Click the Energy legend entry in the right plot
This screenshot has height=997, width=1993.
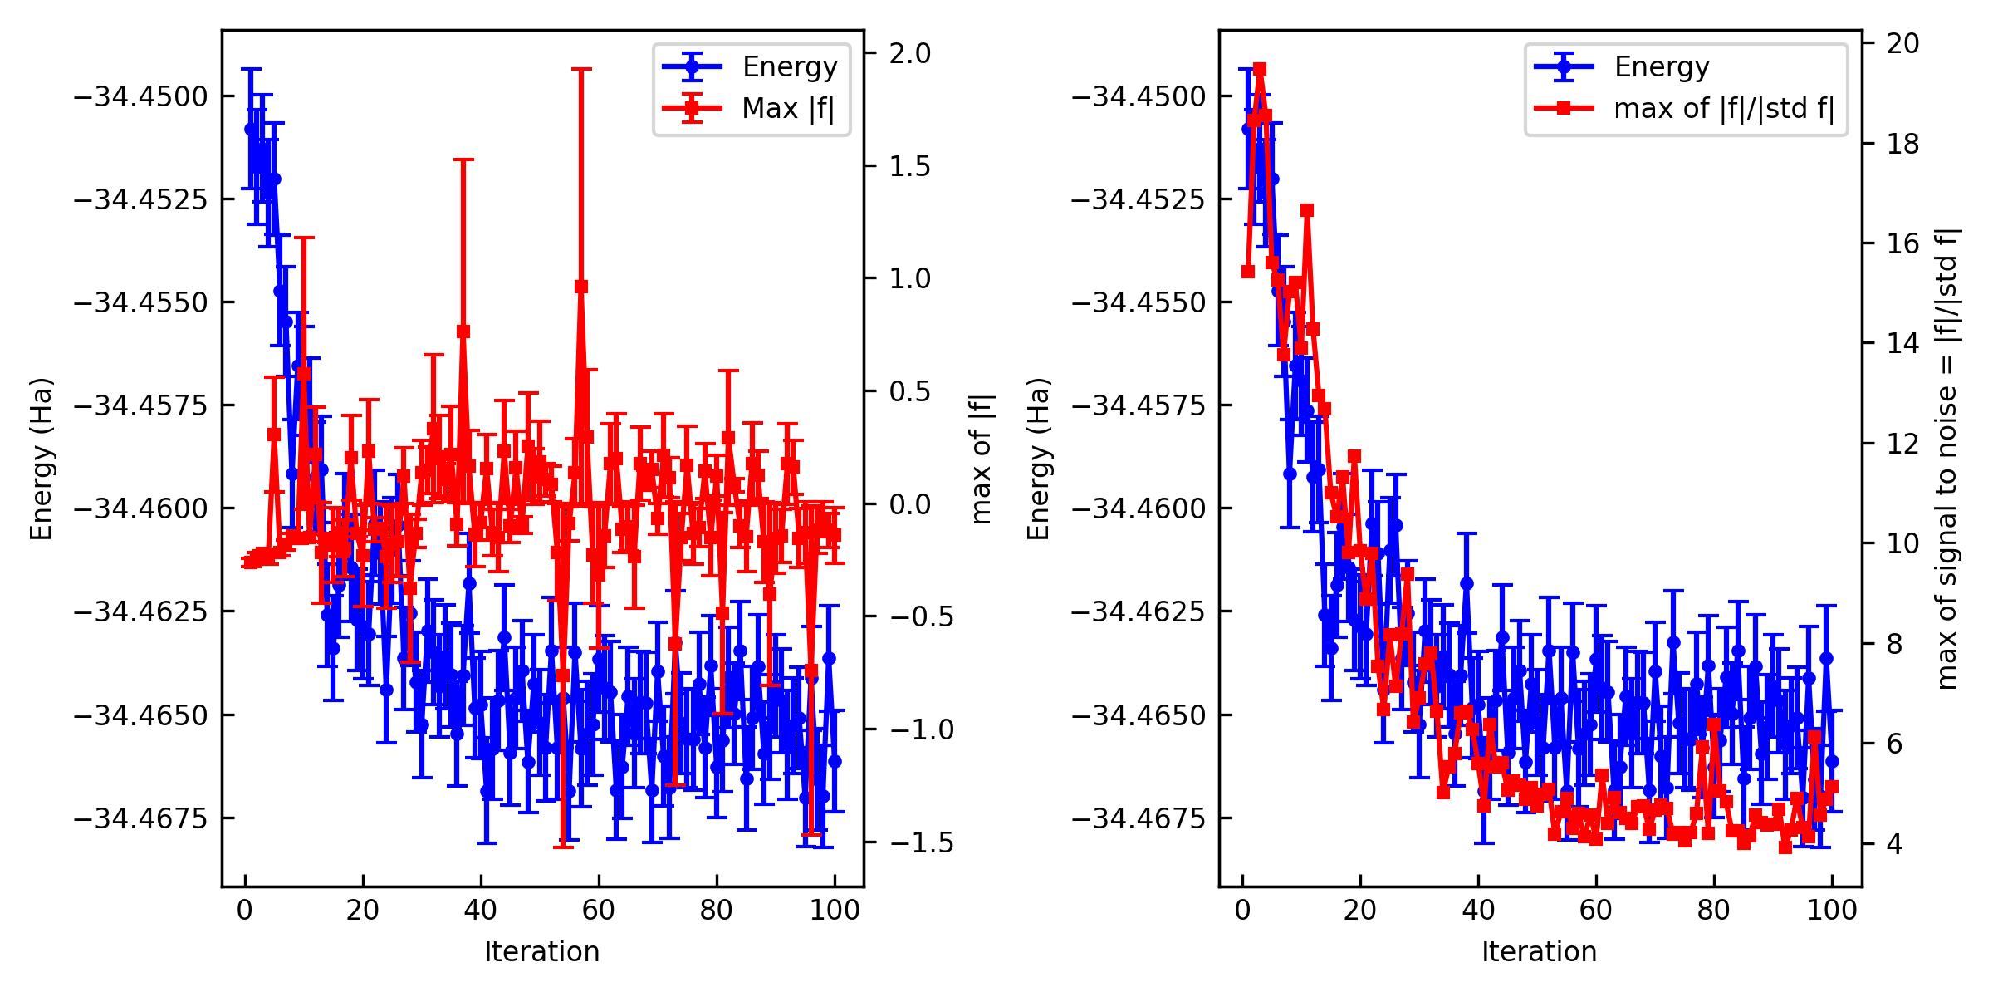pyautogui.click(x=1662, y=66)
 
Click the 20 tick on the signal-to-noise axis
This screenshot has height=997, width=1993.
pyautogui.click(x=1907, y=43)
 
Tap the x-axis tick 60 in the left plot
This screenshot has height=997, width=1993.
pyautogui.click(x=598, y=911)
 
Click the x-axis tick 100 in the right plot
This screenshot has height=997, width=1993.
pyautogui.click(x=1832, y=911)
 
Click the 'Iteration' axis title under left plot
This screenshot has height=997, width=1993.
pyautogui.click(x=541, y=952)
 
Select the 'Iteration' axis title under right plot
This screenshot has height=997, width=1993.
pyautogui.click(x=1539, y=952)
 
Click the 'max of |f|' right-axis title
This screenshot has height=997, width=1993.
pyautogui.click(x=982, y=459)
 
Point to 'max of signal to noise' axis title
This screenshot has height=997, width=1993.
pyautogui.click(x=1947, y=459)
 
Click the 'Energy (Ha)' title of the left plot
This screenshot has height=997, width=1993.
pyautogui.click(x=42, y=459)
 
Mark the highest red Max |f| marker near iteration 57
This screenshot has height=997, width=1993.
pyautogui.click(x=580, y=287)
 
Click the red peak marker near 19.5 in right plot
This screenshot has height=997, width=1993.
pyautogui.click(x=1260, y=69)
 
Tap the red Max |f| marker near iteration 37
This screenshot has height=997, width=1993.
pyautogui.click(x=463, y=331)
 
